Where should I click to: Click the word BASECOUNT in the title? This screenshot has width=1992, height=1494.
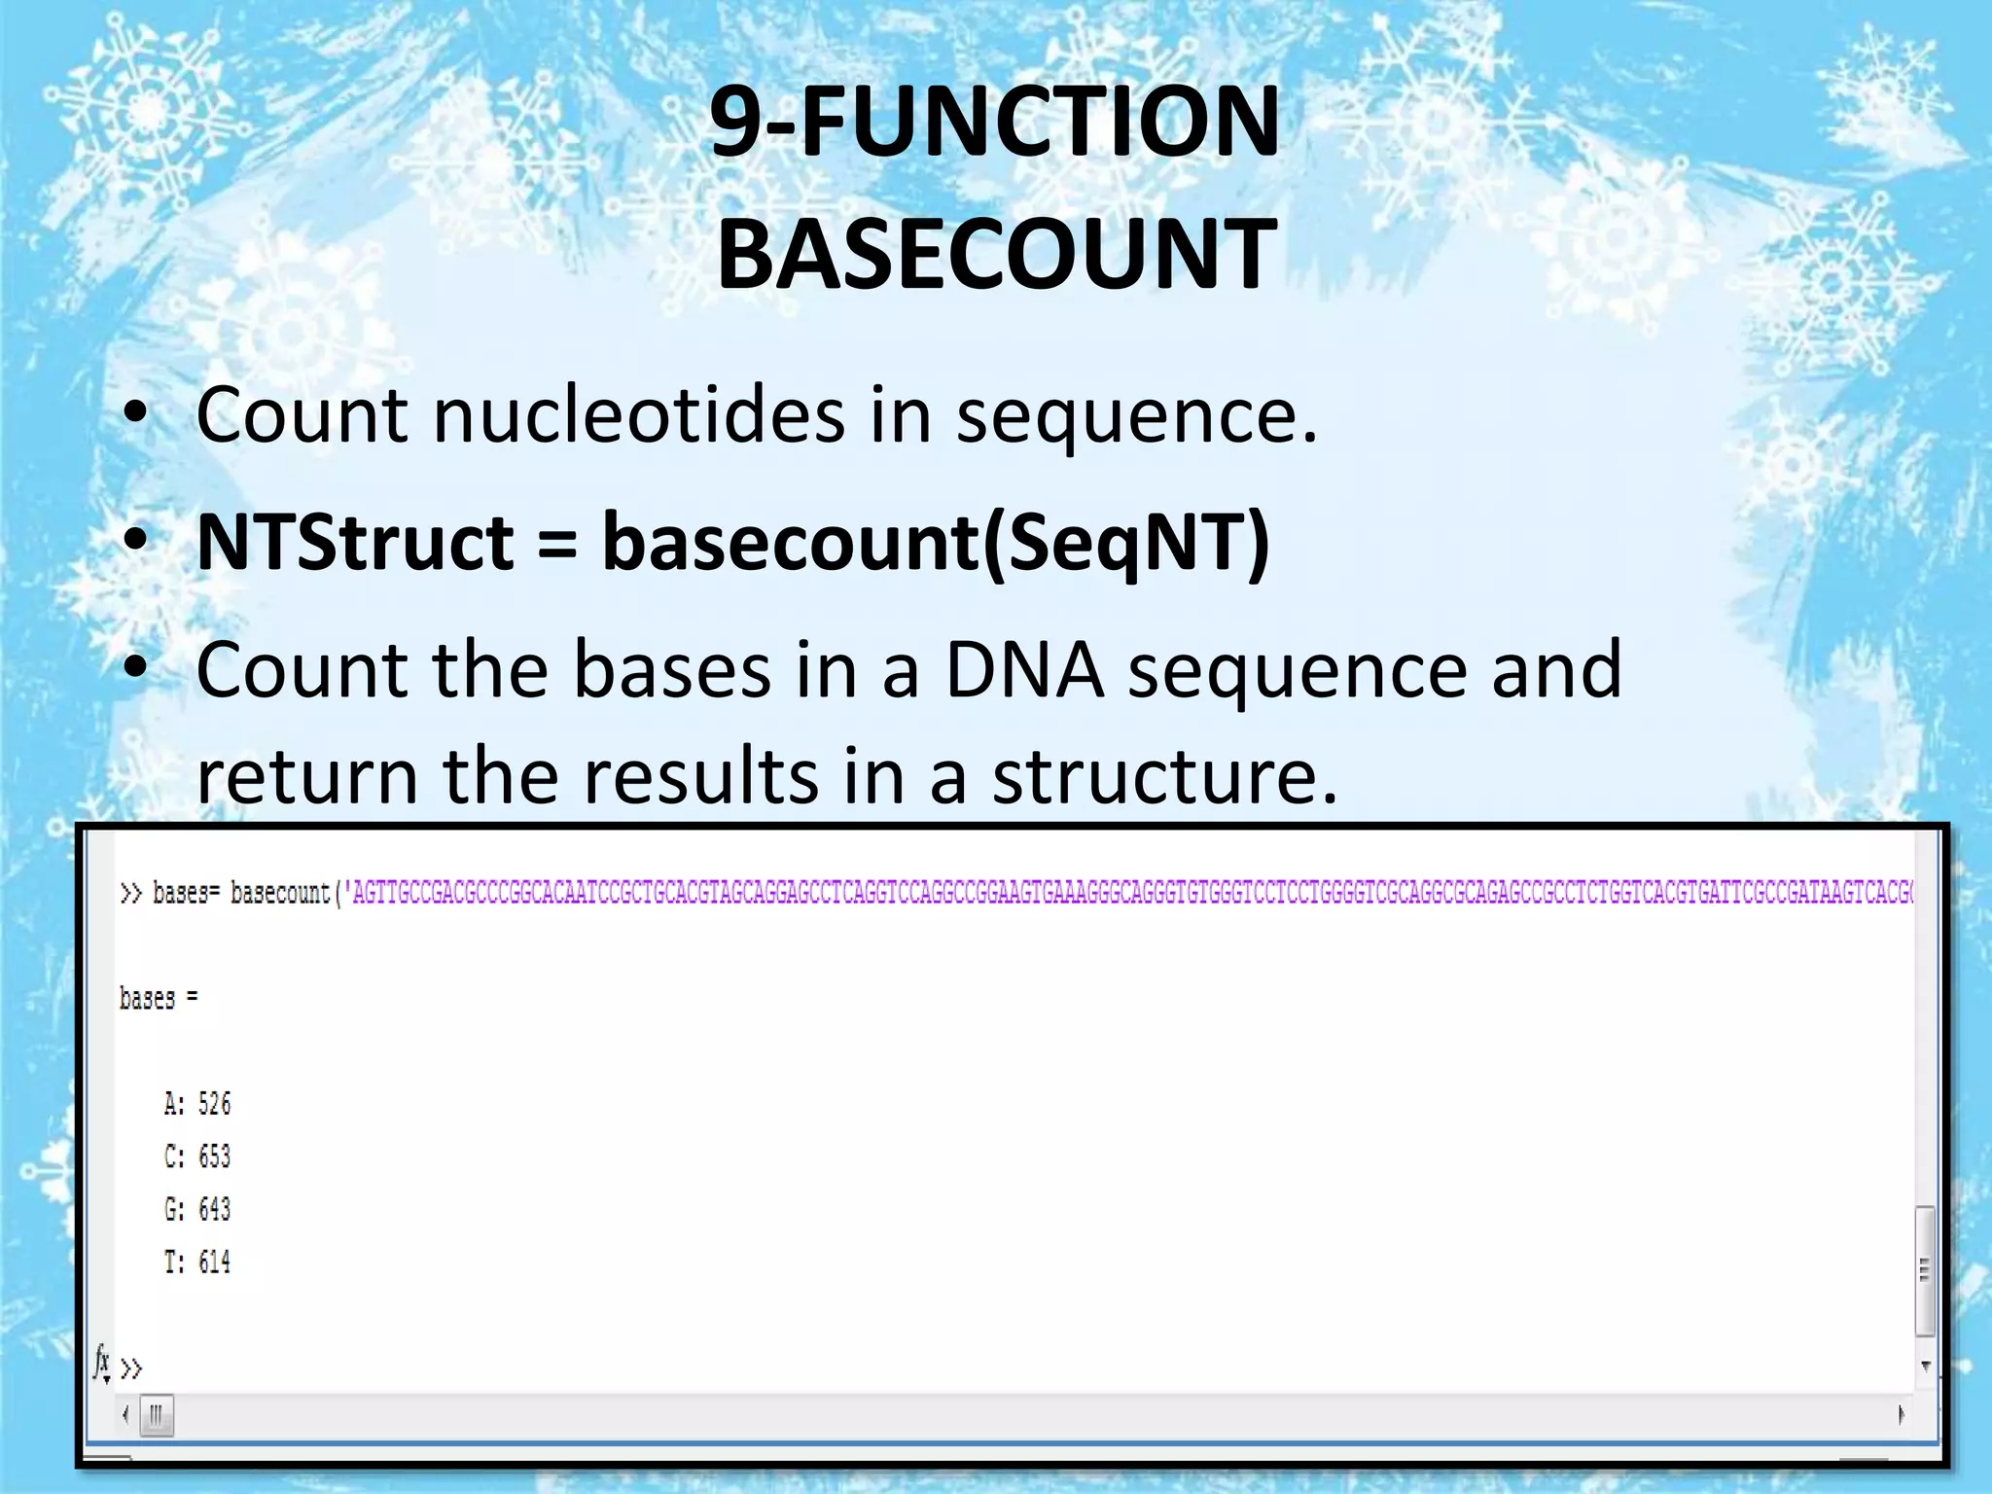point(996,255)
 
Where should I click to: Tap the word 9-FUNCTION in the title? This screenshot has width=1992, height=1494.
point(994,123)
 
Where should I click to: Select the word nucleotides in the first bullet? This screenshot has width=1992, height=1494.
point(638,416)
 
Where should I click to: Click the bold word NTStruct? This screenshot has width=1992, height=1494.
point(355,543)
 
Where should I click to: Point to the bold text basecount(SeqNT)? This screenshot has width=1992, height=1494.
point(935,543)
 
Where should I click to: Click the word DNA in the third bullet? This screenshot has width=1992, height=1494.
point(1024,670)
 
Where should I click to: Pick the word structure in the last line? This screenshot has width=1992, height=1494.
point(1164,776)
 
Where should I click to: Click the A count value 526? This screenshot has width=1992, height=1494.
point(214,1104)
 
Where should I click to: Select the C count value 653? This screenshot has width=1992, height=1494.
point(214,1156)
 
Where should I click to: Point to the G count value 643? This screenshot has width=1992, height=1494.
point(214,1209)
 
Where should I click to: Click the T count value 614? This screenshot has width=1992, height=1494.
point(214,1263)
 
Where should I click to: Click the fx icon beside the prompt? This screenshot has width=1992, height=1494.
point(102,1364)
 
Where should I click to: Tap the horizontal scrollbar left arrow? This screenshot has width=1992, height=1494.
point(125,1415)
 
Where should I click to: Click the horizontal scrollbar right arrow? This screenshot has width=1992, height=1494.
point(1901,1415)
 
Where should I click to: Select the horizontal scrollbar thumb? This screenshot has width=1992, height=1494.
point(157,1415)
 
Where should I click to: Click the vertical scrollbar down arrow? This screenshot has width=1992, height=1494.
point(1925,1367)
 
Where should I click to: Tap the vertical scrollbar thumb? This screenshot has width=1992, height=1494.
point(1924,1270)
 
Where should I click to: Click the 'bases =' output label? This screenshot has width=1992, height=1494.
point(159,999)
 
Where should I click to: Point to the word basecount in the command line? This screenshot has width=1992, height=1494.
point(280,893)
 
